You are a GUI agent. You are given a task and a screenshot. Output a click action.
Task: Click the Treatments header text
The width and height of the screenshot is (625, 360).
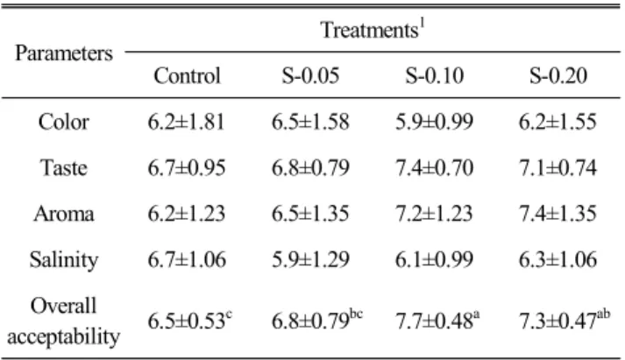(369, 31)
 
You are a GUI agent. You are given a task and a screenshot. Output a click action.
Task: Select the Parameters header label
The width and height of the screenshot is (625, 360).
(64, 53)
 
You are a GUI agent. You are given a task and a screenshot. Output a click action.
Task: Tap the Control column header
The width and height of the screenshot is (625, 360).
(187, 75)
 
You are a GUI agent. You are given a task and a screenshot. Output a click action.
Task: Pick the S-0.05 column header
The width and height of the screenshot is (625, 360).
(310, 75)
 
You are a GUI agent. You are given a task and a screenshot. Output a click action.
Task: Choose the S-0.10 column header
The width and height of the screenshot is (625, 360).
(435, 75)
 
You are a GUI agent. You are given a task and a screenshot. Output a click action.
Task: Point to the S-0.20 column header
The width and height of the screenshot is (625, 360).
(558, 75)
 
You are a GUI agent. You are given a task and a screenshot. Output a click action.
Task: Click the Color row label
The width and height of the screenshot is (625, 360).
(63, 122)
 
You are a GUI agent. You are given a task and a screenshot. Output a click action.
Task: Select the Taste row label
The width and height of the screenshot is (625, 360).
(63, 167)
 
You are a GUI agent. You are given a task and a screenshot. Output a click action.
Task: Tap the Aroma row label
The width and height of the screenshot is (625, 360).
(64, 214)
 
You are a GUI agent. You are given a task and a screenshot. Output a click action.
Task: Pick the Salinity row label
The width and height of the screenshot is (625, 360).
(64, 260)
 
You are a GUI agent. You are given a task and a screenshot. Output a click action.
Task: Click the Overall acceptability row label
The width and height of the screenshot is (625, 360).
(64, 321)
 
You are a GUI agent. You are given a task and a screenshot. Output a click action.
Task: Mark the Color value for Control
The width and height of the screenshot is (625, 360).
(186, 122)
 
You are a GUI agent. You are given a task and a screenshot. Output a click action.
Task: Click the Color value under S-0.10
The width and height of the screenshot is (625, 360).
(434, 122)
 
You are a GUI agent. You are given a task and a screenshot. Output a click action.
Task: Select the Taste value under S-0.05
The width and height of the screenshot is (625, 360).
(310, 167)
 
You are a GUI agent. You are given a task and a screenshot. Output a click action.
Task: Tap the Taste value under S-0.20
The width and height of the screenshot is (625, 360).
(558, 167)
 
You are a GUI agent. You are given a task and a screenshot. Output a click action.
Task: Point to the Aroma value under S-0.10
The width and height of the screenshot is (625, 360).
(434, 214)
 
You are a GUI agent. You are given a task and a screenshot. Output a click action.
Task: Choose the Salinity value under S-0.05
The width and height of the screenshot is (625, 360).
(310, 259)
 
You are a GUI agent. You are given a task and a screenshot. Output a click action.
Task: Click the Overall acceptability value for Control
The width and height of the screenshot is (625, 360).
(189, 320)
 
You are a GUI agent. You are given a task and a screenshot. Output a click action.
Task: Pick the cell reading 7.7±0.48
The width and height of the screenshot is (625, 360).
(437, 320)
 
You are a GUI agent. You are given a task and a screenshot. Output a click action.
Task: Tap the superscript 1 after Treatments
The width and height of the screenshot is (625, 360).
(423, 25)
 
